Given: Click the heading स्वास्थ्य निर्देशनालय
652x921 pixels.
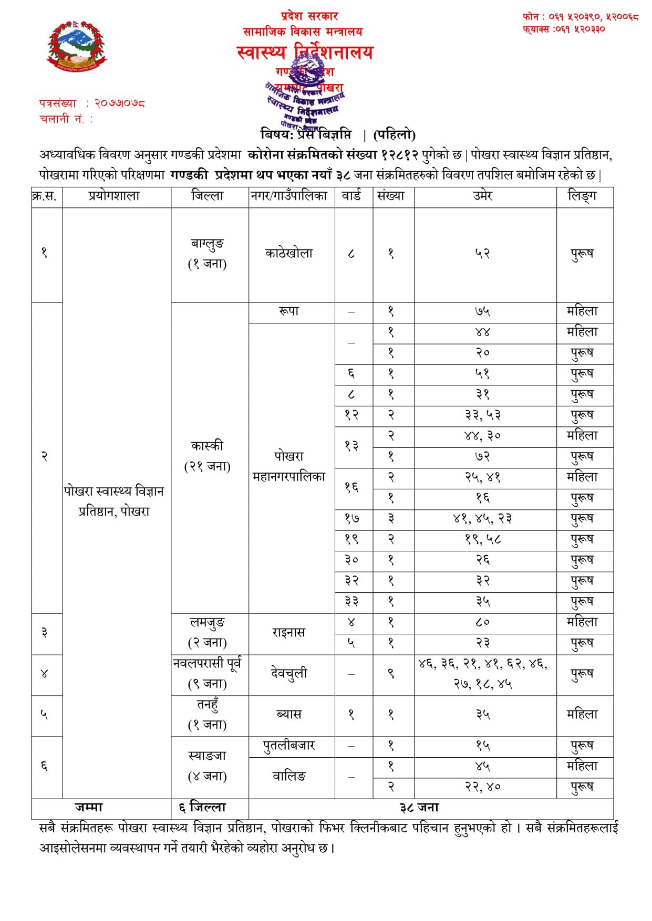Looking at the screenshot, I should point(305,53).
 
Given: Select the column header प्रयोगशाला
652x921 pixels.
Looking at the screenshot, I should point(114,196).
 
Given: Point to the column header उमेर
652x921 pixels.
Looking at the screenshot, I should point(482,196).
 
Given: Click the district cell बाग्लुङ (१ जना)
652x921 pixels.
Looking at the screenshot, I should point(208,253).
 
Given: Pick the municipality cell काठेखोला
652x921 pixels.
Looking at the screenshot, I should point(289,253).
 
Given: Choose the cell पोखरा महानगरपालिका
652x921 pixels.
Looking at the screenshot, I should point(289,466).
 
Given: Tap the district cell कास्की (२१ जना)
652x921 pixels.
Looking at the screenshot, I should point(208,456).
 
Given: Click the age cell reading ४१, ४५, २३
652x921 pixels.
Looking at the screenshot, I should point(482,519).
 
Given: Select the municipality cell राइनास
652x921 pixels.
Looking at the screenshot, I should point(289,632).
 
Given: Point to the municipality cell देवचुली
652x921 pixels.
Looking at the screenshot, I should point(289,673).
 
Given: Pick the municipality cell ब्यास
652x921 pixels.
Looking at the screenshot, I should point(289,715).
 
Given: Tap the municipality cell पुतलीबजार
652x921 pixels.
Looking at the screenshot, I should point(289,746).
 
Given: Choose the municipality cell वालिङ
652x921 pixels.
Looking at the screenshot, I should point(289,776).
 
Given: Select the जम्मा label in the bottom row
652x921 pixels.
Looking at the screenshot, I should point(89,808).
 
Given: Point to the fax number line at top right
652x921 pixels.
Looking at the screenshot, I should point(564,29).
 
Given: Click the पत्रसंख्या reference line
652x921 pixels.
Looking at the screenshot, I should point(92,103).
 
